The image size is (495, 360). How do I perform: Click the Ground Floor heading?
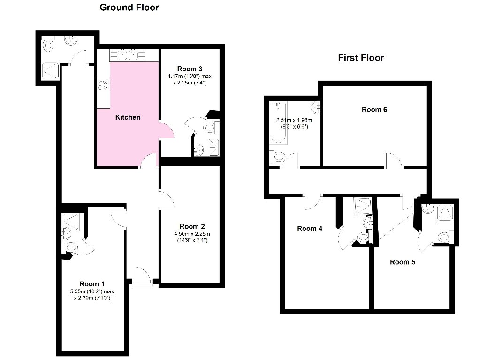tap(129, 8)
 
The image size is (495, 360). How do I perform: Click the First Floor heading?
tap(361, 58)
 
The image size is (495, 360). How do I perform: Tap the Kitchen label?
tap(128, 117)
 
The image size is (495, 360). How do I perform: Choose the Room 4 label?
tap(310, 229)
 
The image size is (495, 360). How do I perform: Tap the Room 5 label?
tap(402, 262)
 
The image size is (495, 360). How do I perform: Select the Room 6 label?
tap(374, 109)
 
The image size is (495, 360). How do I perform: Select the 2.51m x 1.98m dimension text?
tap(294, 120)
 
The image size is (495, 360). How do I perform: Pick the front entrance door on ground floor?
tap(142, 277)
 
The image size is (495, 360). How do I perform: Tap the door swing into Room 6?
tap(395, 160)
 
